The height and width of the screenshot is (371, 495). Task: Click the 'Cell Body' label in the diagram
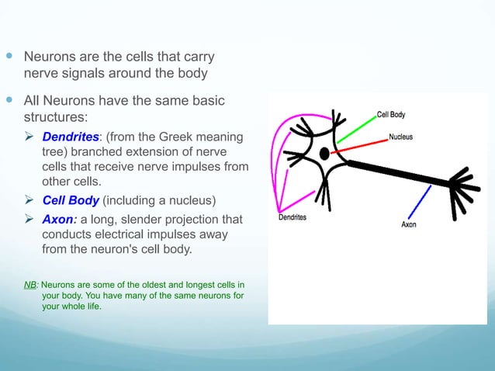[390, 114]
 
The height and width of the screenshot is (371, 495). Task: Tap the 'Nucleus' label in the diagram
[400, 137]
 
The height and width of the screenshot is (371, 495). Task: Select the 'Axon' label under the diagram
[408, 224]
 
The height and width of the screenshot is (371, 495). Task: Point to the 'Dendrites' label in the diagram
[292, 217]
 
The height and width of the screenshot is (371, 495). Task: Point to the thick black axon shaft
[396, 173]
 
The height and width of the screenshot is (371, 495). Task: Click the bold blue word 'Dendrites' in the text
[69, 137]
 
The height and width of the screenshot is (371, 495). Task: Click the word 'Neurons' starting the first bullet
[48, 57]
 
